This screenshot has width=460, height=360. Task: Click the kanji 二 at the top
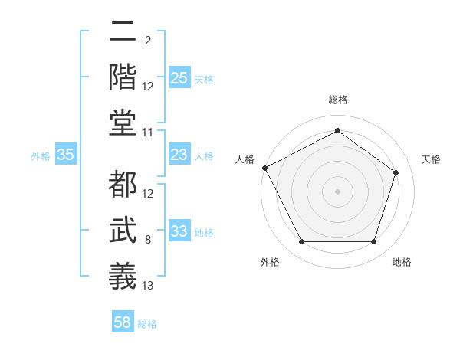[x=123, y=32]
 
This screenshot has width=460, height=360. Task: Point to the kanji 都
[x=123, y=185]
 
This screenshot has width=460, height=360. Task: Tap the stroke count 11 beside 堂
[x=148, y=133]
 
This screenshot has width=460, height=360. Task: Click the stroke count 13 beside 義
[x=148, y=286]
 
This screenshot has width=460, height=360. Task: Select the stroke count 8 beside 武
[x=148, y=241]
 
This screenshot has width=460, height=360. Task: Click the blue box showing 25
[x=179, y=78]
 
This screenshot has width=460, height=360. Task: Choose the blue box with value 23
[x=179, y=155]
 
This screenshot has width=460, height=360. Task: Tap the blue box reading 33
[x=179, y=232]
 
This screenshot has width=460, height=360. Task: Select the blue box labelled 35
[x=66, y=155]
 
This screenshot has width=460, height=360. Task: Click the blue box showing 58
[x=123, y=323]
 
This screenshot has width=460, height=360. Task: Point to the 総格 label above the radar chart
[x=337, y=100]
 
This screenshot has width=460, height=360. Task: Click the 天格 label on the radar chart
[x=431, y=159]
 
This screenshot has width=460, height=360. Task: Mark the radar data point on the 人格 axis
[x=264, y=168]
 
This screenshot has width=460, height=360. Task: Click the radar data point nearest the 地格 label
[x=373, y=242]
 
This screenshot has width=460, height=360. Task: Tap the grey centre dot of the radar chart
[x=337, y=191]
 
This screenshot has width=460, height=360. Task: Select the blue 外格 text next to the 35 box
[x=41, y=156]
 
